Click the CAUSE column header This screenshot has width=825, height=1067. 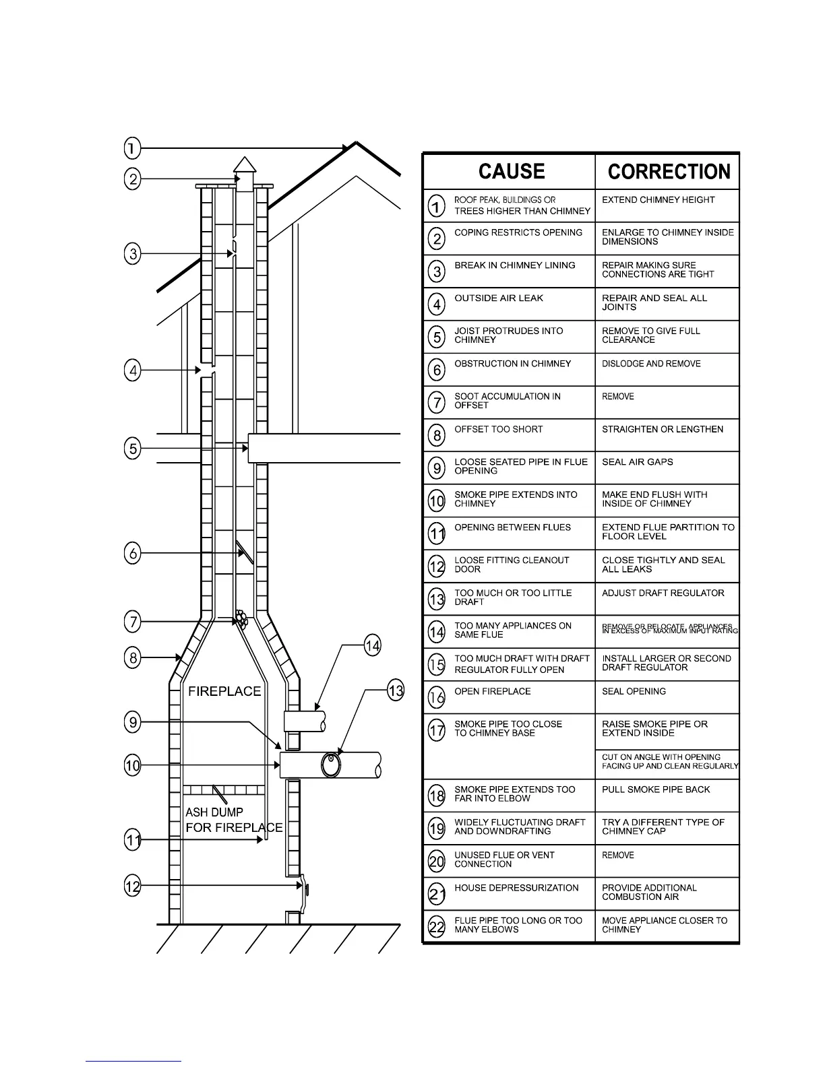(x=512, y=171)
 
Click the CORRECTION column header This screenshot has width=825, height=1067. (x=669, y=171)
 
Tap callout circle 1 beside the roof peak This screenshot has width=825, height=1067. (x=132, y=148)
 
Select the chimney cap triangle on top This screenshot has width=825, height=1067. (x=244, y=166)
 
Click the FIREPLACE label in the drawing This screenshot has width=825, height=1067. (x=224, y=691)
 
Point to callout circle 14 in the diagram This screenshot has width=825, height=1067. (x=372, y=647)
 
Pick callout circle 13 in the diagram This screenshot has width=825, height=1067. (x=395, y=690)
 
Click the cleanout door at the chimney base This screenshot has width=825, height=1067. (x=303, y=890)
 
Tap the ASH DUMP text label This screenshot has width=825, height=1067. (x=214, y=812)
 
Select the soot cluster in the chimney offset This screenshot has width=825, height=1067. (x=240, y=619)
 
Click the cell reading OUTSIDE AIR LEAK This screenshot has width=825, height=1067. (x=499, y=298)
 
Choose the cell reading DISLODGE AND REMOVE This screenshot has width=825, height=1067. (x=651, y=364)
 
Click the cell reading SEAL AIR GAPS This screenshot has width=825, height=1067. (x=637, y=462)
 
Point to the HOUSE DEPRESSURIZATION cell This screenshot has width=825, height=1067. (x=516, y=888)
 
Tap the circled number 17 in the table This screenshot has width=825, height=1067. (x=437, y=730)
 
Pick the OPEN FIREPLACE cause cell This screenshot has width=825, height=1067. (x=492, y=692)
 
